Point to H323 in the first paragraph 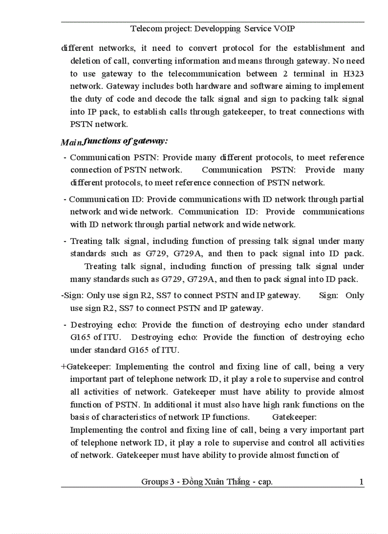coord(353,74)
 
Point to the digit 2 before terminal coord(291,74)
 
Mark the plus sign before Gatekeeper coord(64,367)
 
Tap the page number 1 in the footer coord(361,482)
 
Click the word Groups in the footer coord(155,482)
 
